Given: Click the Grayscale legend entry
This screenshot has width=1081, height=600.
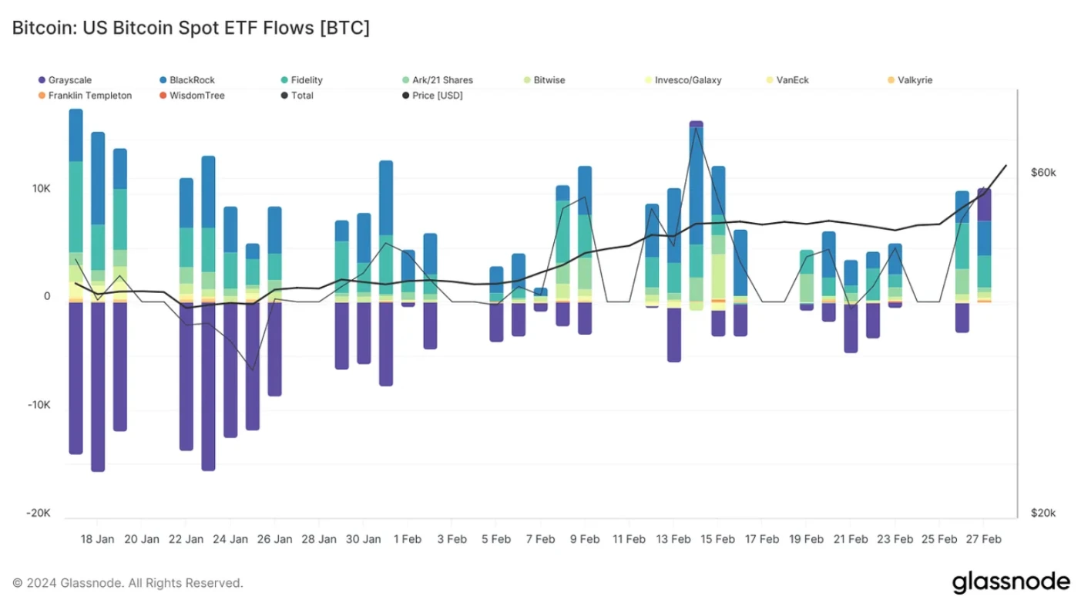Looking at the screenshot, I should (x=69, y=80).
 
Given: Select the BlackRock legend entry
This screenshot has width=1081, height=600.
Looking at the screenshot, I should (x=192, y=80).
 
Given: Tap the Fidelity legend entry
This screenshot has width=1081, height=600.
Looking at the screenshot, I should (x=306, y=80).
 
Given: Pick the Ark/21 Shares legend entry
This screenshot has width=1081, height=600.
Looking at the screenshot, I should (x=442, y=80).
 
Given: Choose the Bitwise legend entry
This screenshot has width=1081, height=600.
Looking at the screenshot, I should (x=549, y=80).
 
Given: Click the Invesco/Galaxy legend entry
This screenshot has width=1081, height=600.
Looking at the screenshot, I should (x=687, y=80).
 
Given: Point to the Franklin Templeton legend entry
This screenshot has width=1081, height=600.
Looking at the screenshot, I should (x=89, y=96).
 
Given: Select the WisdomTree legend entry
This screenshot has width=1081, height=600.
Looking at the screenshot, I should (x=196, y=96).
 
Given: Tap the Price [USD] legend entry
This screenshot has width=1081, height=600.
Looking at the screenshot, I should (x=438, y=96).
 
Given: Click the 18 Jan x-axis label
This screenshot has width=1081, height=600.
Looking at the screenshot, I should (x=97, y=539).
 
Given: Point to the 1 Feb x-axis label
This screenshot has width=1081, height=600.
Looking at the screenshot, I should (x=408, y=539).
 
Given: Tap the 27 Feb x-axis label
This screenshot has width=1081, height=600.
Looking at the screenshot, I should (x=983, y=539).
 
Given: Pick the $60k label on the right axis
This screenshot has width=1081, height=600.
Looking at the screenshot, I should (x=1043, y=173).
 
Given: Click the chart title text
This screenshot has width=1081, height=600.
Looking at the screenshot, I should (x=191, y=28).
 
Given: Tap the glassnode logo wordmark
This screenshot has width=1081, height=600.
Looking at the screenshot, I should (x=1011, y=581).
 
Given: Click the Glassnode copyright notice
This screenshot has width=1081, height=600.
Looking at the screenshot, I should (x=128, y=583).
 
